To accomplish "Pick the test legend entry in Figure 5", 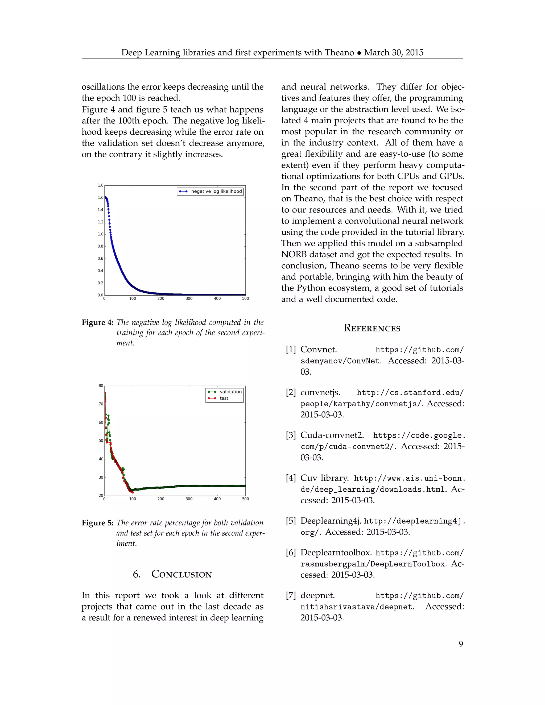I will (x=224, y=398).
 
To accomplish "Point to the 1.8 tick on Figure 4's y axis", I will (x=100, y=185).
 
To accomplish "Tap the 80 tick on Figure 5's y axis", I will (x=101, y=386).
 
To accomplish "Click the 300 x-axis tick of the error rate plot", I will (x=189, y=499).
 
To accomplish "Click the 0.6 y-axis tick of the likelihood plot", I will (x=100, y=259).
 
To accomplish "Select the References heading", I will (x=372, y=328).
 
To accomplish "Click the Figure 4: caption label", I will (x=97, y=322).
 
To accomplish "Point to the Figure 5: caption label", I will (x=97, y=523).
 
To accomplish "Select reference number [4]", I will (x=291, y=478).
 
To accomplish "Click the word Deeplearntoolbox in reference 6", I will (x=336, y=553).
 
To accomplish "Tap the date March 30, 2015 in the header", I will (x=394, y=53).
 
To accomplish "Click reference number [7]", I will (x=291, y=596).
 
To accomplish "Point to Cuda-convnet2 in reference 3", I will (x=332, y=435).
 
